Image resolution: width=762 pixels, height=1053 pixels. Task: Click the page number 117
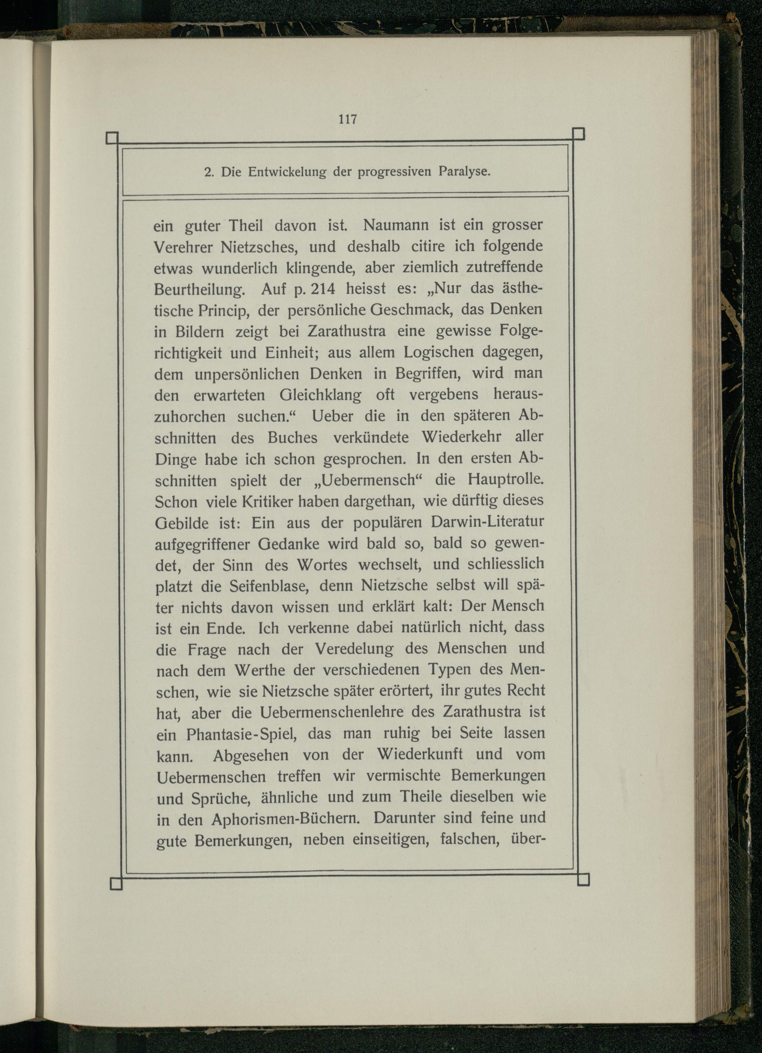click(x=347, y=119)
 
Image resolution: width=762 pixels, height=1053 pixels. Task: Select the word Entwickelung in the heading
click(x=288, y=172)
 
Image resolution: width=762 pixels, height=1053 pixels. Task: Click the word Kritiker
click(x=269, y=501)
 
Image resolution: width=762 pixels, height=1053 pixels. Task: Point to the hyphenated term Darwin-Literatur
click(x=487, y=522)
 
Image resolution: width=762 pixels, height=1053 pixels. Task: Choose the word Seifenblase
click(x=268, y=586)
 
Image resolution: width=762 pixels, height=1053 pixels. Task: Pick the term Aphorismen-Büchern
click(x=287, y=819)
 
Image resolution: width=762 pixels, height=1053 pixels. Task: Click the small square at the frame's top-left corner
click(x=112, y=138)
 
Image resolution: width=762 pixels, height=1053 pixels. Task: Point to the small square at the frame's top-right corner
click(x=578, y=134)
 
